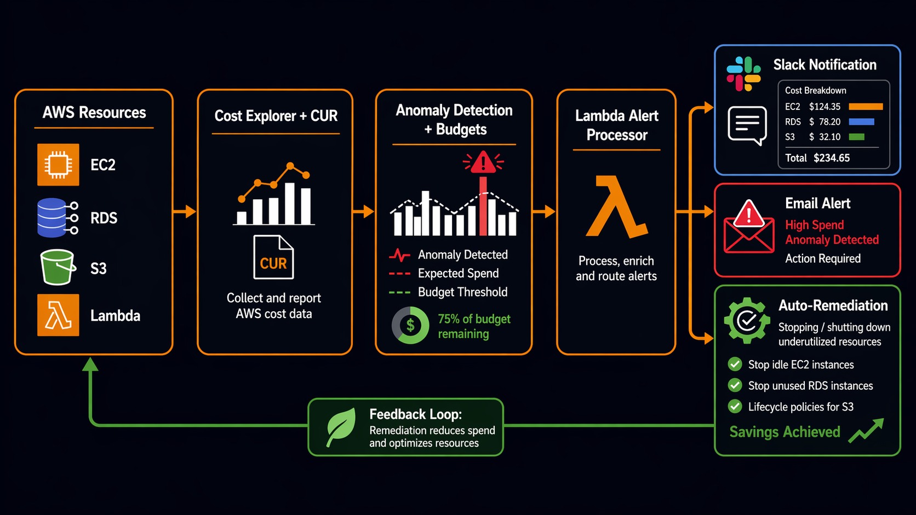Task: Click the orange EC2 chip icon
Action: coord(58,164)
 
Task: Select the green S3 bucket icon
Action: coord(57,267)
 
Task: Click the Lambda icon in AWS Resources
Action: coord(58,315)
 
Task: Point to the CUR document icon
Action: coord(273,257)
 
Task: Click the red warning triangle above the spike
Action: coord(483,163)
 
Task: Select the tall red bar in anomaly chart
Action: coord(483,207)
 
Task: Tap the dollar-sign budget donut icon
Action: coord(410,325)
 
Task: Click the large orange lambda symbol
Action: coord(616,207)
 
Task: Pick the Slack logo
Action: coord(743,74)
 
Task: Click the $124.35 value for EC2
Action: coord(825,107)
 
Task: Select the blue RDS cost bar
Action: coord(861,121)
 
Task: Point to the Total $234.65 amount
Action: coord(832,158)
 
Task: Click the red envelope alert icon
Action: coord(748,229)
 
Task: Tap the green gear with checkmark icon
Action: coord(747,321)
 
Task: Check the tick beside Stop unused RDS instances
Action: coord(735,385)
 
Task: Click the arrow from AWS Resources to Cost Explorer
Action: coord(185,211)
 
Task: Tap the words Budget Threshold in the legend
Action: coord(462,292)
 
